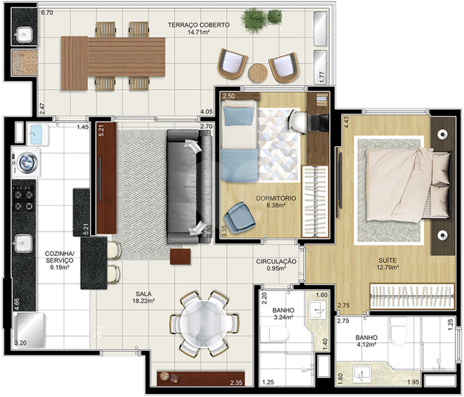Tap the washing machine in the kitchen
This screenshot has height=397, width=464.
point(27,163)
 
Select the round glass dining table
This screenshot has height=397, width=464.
point(204,324)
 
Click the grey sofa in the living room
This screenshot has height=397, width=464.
point(190,187)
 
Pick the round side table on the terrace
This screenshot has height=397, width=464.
point(258,73)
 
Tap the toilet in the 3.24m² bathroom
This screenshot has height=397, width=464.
point(274,335)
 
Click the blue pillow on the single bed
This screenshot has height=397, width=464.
point(239,117)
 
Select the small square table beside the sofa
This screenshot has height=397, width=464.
point(180,257)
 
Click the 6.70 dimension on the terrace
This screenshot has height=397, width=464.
point(47,13)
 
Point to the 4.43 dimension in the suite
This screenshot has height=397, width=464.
point(347,122)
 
